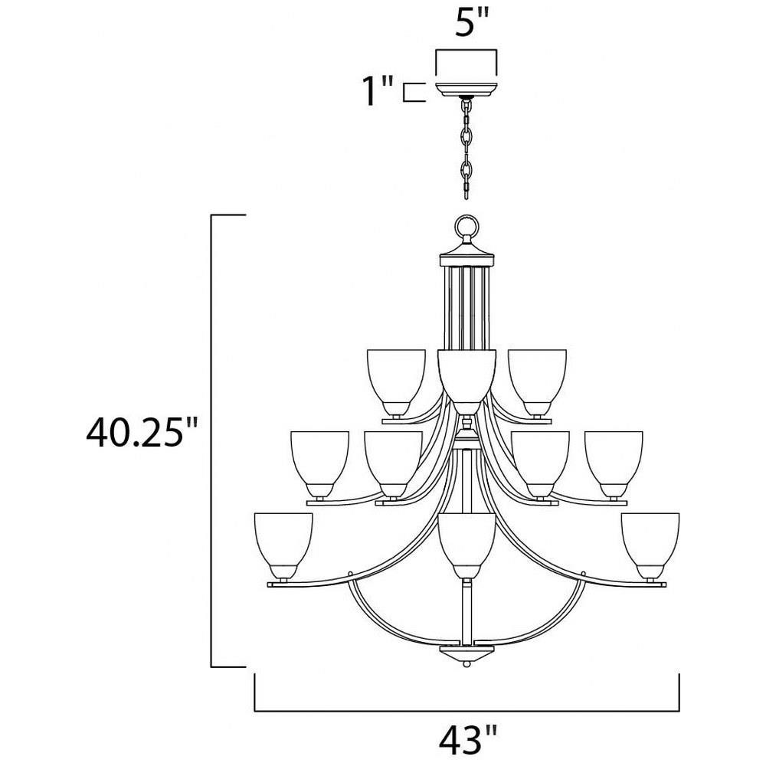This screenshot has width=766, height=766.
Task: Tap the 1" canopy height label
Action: tap(377, 91)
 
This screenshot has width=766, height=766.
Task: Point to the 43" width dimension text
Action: tap(467, 740)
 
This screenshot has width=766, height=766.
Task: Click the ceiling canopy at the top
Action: tap(466, 89)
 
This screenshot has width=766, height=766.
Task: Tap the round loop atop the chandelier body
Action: tap(466, 227)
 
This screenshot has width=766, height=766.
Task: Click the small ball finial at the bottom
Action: tap(466, 665)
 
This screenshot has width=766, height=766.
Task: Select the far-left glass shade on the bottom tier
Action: tap(283, 546)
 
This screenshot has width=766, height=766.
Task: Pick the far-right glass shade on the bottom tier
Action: tap(650, 546)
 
